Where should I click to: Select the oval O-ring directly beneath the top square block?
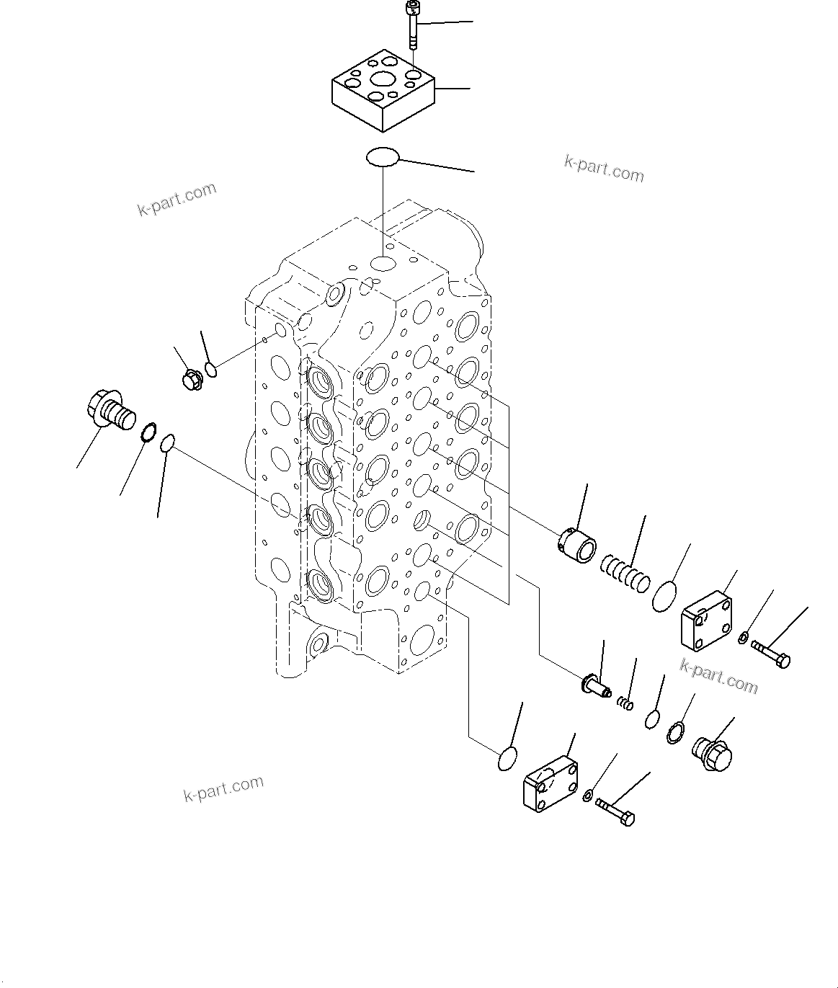tap(382, 156)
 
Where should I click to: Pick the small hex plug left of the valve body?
tap(192, 379)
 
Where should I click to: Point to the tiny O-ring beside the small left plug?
tap(211, 370)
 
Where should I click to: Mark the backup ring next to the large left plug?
tap(148, 433)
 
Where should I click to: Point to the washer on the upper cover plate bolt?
tap(744, 636)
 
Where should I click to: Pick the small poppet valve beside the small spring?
tap(596, 684)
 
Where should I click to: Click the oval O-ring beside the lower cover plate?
tap(508, 759)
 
